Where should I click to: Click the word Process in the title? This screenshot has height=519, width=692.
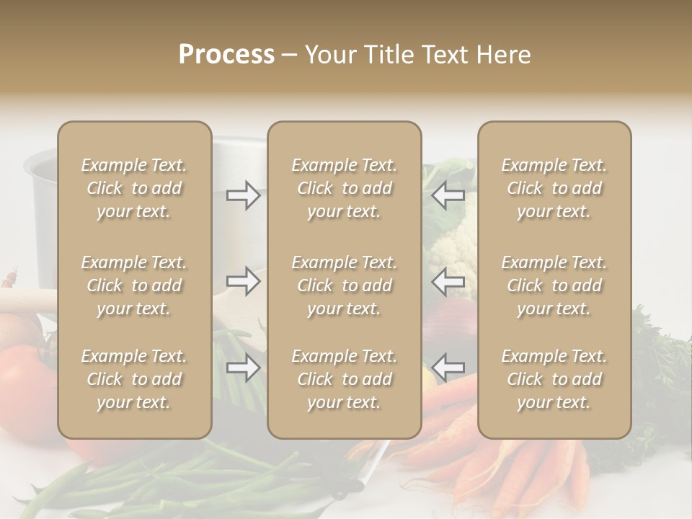point(226,55)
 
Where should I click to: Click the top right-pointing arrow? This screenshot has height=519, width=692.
point(243,195)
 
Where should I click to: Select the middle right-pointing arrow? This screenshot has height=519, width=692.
point(243,281)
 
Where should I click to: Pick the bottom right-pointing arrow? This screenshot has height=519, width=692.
point(243,368)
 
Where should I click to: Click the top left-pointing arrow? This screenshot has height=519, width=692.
point(448,195)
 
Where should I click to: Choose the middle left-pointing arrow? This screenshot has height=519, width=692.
point(448,281)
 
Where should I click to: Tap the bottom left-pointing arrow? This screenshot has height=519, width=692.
point(448,368)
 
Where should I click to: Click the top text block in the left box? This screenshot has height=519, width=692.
point(134,188)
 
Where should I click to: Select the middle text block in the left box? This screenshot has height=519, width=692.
point(134,285)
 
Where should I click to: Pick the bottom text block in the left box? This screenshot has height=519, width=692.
point(134,379)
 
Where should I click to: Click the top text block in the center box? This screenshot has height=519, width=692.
point(345,188)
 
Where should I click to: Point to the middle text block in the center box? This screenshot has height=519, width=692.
point(345,285)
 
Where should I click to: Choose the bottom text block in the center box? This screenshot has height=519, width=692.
point(345,379)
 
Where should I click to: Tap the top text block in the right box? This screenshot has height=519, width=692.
point(554,188)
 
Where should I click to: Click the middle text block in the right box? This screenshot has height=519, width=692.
point(554,285)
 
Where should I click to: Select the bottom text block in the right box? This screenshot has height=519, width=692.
point(554,379)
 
